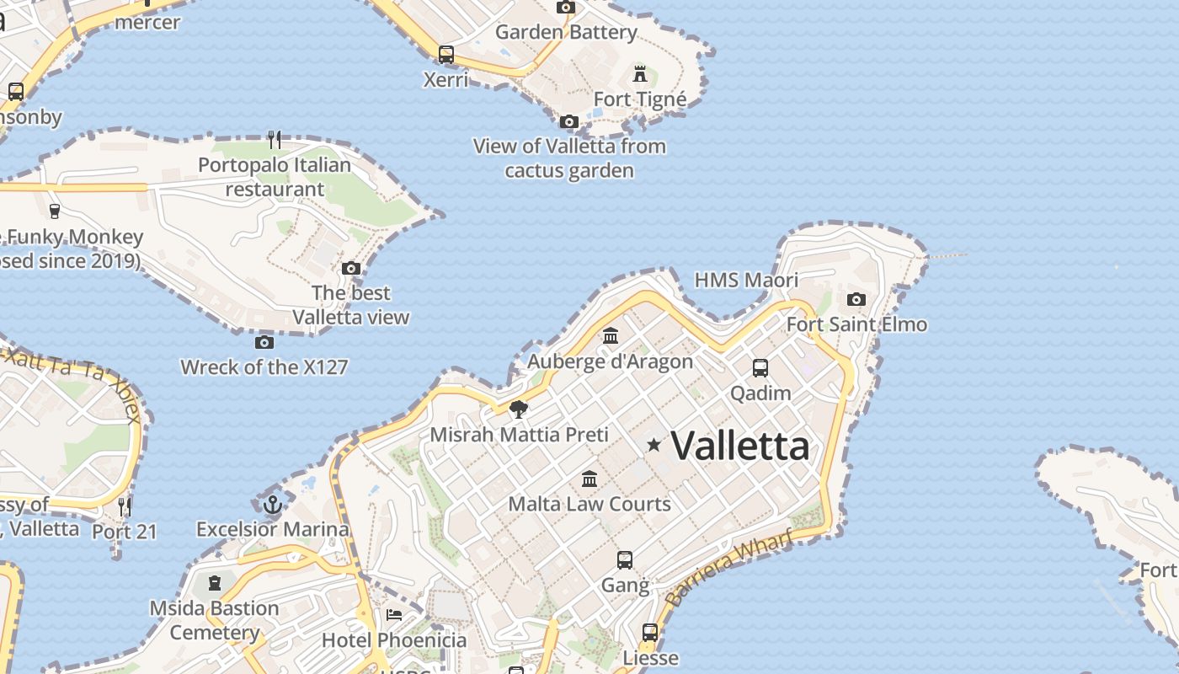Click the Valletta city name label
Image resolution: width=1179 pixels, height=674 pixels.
tap(739, 445)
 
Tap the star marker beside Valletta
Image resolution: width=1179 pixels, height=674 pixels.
tap(654, 444)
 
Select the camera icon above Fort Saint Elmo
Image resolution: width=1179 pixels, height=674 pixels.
tap(856, 299)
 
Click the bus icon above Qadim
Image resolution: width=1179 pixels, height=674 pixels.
tap(760, 367)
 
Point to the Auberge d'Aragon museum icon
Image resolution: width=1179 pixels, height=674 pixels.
tap(611, 336)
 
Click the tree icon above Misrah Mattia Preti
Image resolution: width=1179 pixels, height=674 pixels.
tap(519, 409)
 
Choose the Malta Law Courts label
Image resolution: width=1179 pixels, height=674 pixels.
tap(589, 504)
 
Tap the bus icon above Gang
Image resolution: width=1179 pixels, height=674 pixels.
tap(624, 560)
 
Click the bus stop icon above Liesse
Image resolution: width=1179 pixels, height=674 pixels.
tap(649, 632)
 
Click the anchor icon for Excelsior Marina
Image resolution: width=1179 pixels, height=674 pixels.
tap(272, 505)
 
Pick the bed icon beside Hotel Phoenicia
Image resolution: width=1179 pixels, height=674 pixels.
tap(393, 614)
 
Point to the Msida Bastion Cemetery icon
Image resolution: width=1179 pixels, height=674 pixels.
tap(215, 582)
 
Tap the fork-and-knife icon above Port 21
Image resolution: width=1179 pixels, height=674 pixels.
tap(125, 506)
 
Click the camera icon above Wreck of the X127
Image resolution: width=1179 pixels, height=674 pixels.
tap(264, 342)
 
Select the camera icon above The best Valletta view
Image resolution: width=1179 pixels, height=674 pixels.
tap(351, 269)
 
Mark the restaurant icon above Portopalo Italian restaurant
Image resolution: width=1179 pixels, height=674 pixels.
tap(275, 139)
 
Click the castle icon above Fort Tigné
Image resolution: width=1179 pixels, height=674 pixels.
tap(640, 73)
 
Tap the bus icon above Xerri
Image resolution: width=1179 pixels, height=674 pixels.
tap(445, 55)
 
